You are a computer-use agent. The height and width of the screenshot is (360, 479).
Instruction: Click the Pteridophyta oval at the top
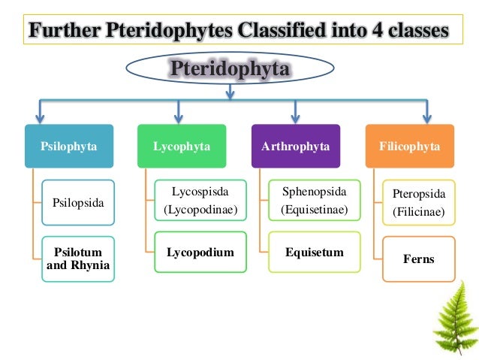click(x=229, y=69)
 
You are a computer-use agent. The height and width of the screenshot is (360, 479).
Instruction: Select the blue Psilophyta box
click(x=69, y=146)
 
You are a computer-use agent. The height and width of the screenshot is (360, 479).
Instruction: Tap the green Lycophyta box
click(x=182, y=146)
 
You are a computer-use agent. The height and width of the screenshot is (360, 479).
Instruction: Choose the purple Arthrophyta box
click(x=295, y=146)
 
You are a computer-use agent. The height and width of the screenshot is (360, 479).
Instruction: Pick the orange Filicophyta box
click(x=408, y=146)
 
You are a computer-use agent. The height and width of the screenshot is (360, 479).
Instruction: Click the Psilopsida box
click(x=78, y=202)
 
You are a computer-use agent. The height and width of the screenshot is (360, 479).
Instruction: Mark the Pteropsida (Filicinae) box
click(x=418, y=202)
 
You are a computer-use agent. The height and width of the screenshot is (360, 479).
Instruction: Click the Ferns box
click(x=418, y=259)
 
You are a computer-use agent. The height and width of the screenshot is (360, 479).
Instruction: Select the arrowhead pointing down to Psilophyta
click(x=41, y=117)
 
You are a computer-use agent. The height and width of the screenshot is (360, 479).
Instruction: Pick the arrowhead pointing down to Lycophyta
click(x=178, y=117)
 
